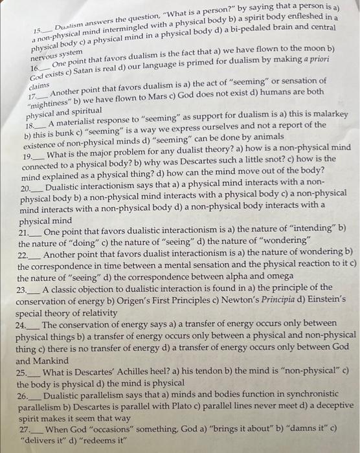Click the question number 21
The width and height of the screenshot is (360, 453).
point(25,231)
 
